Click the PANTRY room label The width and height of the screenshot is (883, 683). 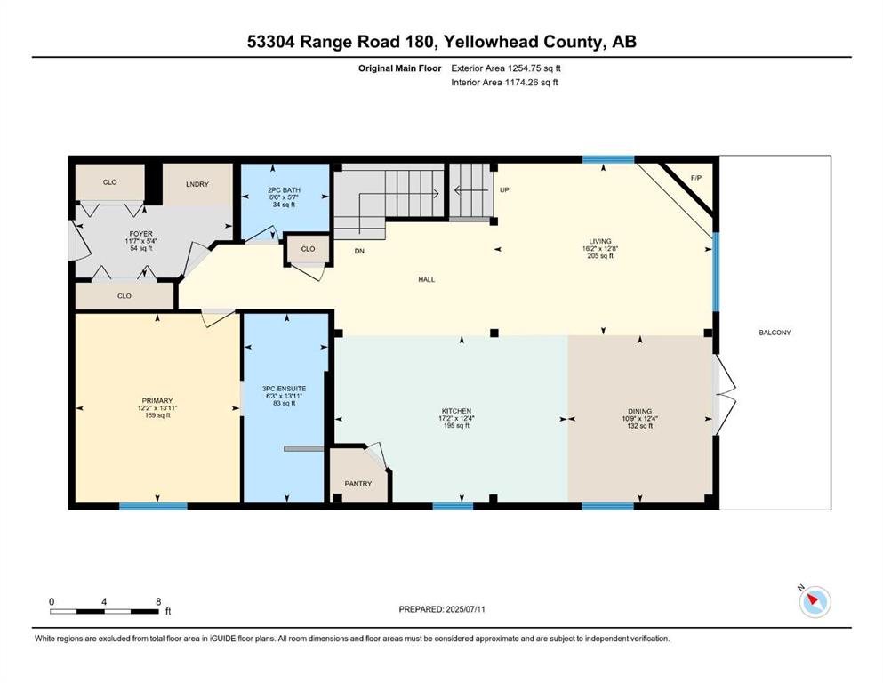click(x=358, y=484)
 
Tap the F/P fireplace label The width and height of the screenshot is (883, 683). click(x=696, y=178)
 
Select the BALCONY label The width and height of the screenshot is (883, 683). click(x=775, y=333)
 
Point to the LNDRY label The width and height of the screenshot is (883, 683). click(x=197, y=184)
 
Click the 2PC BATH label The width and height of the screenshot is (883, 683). click(x=284, y=190)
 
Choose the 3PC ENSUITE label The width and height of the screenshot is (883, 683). click(x=285, y=389)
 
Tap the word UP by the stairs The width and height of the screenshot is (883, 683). click(x=504, y=189)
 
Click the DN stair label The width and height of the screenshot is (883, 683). click(x=359, y=251)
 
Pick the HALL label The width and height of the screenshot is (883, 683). click(x=426, y=279)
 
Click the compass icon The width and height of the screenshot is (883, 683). click(x=815, y=601)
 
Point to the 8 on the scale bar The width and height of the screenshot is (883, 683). click(x=158, y=601)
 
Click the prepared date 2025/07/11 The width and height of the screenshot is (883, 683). click(x=465, y=609)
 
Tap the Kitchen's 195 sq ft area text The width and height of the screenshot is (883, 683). click(x=456, y=426)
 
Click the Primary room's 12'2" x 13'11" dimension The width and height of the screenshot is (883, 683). click(x=157, y=408)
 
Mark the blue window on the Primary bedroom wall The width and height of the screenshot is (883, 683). click(x=153, y=506)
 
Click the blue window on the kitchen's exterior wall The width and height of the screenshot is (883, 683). click(x=453, y=506)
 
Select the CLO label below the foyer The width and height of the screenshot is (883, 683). click(x=124, y=295)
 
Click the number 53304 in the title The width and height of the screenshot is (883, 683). click(x=271, y=42)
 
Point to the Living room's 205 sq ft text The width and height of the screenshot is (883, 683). click(x=600, y=255)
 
